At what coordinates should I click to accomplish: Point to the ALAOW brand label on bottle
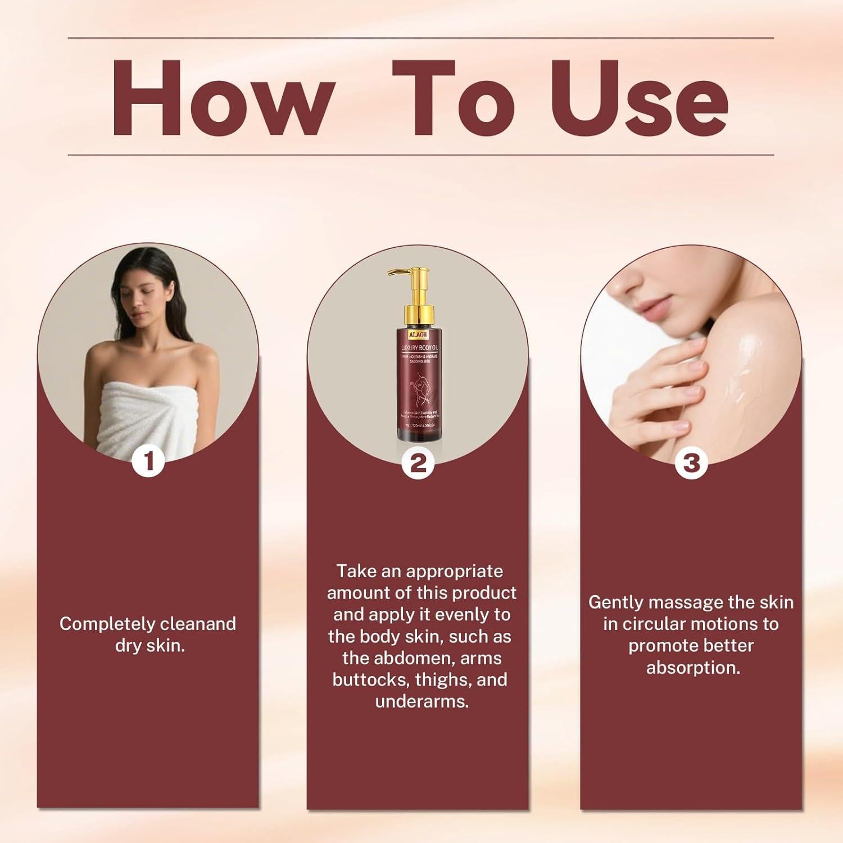coord(418,335)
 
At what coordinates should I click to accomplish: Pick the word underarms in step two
coord(422,701)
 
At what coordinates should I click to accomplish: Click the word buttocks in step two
coord(371,680)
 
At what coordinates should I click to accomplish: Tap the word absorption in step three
coord(692,668)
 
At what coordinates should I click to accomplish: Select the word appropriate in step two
coord(454,572)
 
